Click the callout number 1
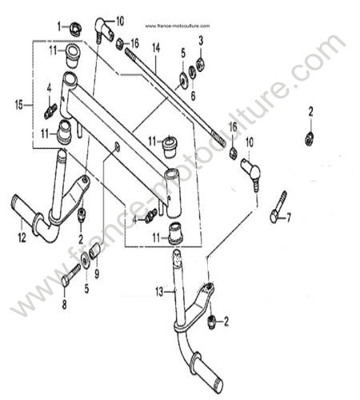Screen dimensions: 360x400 click(59, 26)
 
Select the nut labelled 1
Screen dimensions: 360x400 click(75, 30)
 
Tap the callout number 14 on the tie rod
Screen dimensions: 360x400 click(156, 48)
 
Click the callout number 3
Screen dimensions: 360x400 click(201, 41)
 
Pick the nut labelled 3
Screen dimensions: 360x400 click(200, 65)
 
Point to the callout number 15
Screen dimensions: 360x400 click(19, 106)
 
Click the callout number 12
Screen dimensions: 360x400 click(22, 237)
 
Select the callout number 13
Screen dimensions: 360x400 click(159, 292)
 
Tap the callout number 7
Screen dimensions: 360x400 click(289, 218)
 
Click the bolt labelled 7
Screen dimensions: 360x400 click(278, 207)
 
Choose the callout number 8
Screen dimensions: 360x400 click(64, 305)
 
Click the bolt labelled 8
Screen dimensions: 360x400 click(71, 274)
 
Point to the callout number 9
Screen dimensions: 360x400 click(97, 274)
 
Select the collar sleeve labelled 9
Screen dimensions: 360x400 click(95, 251)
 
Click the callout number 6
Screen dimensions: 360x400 click(193, 96)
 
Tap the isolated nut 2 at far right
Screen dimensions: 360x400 click(309, 139)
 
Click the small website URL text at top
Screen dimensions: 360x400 click(178, 26)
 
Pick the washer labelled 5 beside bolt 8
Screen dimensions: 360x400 click(85, 260)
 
